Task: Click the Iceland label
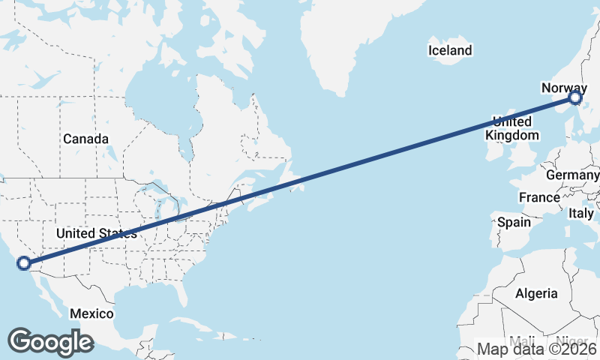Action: (450, 51)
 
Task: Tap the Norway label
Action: (564, 88)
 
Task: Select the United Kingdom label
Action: (513, 128)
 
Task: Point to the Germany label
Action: (572, 175)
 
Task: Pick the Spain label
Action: (514, 222)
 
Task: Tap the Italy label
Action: (581, 213)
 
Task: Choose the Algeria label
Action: (536, 293)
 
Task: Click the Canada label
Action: (85, 139)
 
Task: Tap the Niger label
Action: (572, 341)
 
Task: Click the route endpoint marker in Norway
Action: (575, 97)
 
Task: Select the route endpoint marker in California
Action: (24, 262)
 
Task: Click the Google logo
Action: (50, 341)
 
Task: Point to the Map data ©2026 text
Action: (537, 349)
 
